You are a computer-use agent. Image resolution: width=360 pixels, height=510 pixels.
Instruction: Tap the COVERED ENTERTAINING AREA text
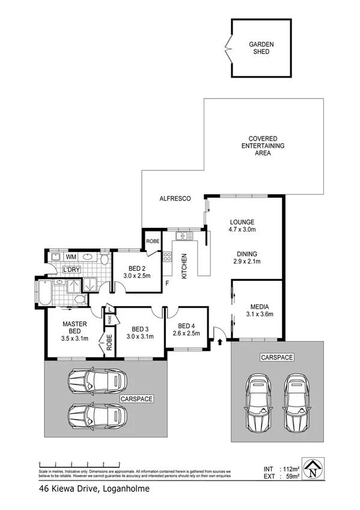pos(263,146)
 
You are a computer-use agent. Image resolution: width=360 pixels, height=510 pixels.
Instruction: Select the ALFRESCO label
pos(175,198)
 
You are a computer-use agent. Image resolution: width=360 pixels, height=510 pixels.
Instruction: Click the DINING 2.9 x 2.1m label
pos(248,257)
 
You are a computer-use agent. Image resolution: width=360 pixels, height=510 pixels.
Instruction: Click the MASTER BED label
pos(75,330)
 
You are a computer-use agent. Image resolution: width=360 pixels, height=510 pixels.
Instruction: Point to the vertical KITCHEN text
pos(184,265)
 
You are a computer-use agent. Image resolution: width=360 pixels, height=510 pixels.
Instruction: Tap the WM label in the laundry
pos(70,257)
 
